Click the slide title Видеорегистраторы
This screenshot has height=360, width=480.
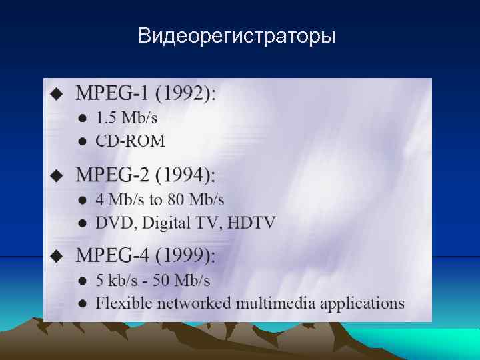[237, 35]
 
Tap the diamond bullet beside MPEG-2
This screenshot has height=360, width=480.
[57, 176]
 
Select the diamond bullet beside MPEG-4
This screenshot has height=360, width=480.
[57, 257]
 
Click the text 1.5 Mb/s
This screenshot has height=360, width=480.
[127, 119]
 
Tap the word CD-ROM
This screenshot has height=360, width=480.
[130, 141]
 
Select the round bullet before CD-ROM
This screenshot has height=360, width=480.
[82, 141]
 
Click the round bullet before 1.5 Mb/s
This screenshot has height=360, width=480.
[82, 119]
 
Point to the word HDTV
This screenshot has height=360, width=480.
[251, 223]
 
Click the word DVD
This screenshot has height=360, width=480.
[113, 223]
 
